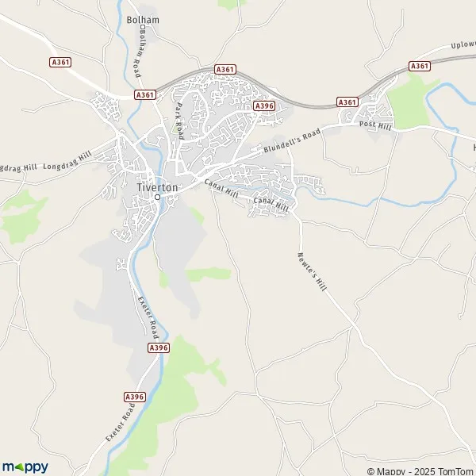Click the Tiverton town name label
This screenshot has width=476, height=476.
156,187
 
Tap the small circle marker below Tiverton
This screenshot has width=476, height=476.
157,197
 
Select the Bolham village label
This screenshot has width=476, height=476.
142,19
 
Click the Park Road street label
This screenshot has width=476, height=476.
179,121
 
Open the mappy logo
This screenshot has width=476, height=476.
25,466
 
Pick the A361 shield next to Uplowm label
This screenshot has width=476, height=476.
420,66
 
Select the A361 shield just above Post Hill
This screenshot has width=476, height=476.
347,102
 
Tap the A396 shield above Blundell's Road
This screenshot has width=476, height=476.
263,106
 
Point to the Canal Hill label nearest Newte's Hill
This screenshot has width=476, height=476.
270,205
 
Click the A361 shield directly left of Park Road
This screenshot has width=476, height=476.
144,94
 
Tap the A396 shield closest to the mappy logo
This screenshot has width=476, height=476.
135,396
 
